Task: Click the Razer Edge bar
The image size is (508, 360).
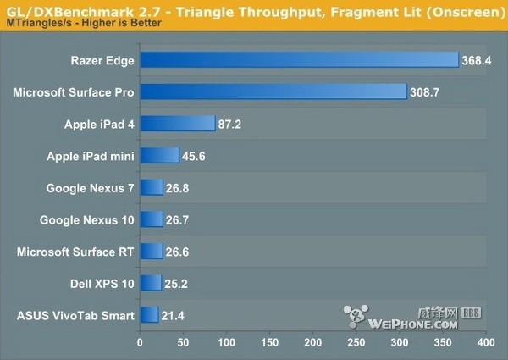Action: (x=299, y=59)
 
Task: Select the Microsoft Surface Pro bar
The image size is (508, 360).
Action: (x=273, y=91)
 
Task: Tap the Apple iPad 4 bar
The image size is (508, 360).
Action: (x=177, y=124)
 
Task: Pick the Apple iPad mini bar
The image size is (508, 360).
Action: (x=159, y=155)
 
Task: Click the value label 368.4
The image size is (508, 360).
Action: (x=475, y=60)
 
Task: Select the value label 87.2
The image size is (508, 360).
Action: (x=232, y=124)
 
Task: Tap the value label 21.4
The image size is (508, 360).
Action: (x=174, y=316)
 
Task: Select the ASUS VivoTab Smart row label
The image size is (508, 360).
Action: (x=75, y=316)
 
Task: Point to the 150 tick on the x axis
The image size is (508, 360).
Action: (x=269, y=344)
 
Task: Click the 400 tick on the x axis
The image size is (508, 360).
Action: (x=485, y=344)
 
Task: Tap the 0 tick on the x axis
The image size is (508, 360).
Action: (x=140, y=344)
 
